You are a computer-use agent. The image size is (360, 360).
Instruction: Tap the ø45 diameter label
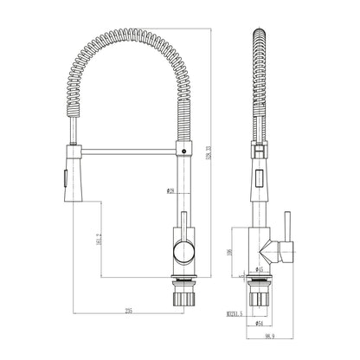tap(258, 269)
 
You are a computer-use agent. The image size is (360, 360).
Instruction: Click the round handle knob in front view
tap(183, 253)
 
